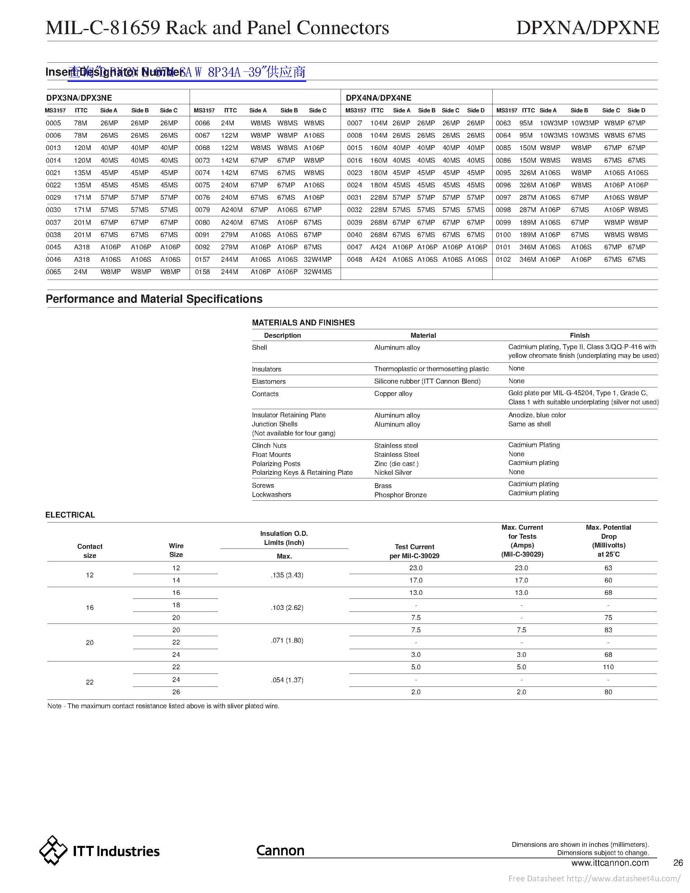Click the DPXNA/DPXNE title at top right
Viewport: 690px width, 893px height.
[x=587, y=28]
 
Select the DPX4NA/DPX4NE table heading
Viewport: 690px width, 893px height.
[x=378, y=98]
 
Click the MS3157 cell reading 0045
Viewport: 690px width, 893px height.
[x=54, y=247]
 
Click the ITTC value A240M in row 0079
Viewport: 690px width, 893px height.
[x=232, y=210]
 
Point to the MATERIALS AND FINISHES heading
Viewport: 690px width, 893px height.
[x=303, y=322]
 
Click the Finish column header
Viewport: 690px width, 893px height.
[x=579, y=335]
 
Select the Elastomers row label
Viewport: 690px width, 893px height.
[x=269, y=382]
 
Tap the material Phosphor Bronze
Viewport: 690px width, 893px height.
[x=400, y=495]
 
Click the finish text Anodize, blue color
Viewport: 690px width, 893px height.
[x=537, y=415]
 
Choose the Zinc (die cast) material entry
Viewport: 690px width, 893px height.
[x=396, y=464]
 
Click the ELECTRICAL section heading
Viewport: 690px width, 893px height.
[x=70, y=515]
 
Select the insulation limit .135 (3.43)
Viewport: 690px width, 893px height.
[x=287, y=575]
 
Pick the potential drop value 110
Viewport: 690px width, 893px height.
[x=608, y=667]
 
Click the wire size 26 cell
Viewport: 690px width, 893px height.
[x=176, y=692]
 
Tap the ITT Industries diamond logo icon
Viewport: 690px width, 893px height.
[x=53, y=850]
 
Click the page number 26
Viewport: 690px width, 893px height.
[x=678, y=863]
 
